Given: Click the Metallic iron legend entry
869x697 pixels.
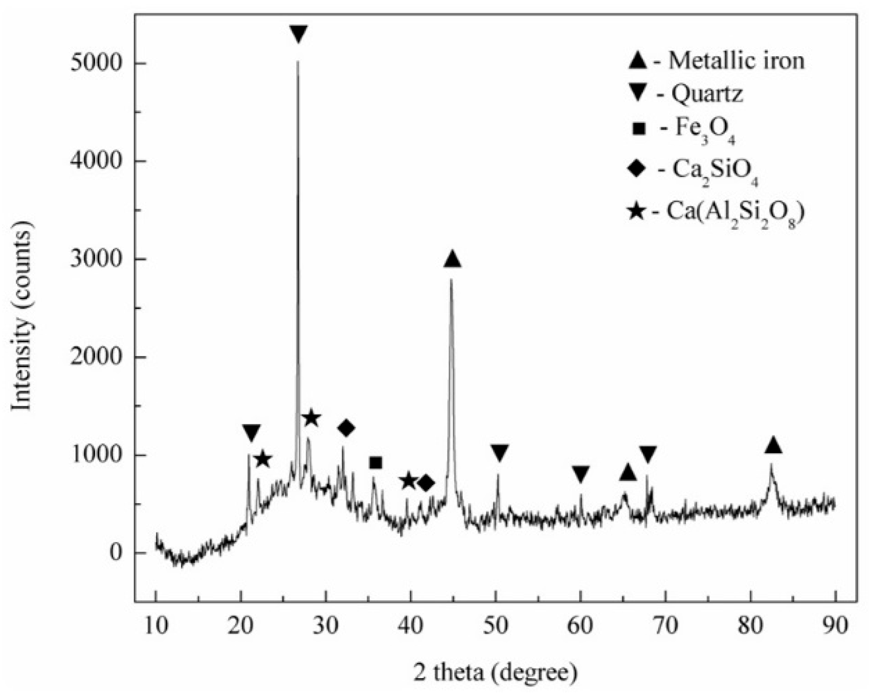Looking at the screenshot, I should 716,60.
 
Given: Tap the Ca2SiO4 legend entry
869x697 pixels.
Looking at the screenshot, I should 693,169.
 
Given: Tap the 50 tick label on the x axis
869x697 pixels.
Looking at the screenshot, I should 495,625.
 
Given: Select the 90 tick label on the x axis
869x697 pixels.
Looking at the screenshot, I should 835,625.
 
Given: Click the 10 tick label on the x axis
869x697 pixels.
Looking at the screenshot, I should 155,625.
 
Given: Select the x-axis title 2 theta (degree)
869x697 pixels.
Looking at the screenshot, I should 495,672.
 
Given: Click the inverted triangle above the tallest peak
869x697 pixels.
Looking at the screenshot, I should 298,34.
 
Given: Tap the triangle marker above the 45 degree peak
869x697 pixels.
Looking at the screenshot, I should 452,260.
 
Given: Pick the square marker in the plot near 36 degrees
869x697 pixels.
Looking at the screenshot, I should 375,463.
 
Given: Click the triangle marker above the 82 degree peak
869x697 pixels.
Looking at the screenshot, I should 773,446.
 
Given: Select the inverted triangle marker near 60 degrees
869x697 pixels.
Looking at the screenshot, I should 581,474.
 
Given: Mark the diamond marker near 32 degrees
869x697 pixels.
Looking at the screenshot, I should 346,428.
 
